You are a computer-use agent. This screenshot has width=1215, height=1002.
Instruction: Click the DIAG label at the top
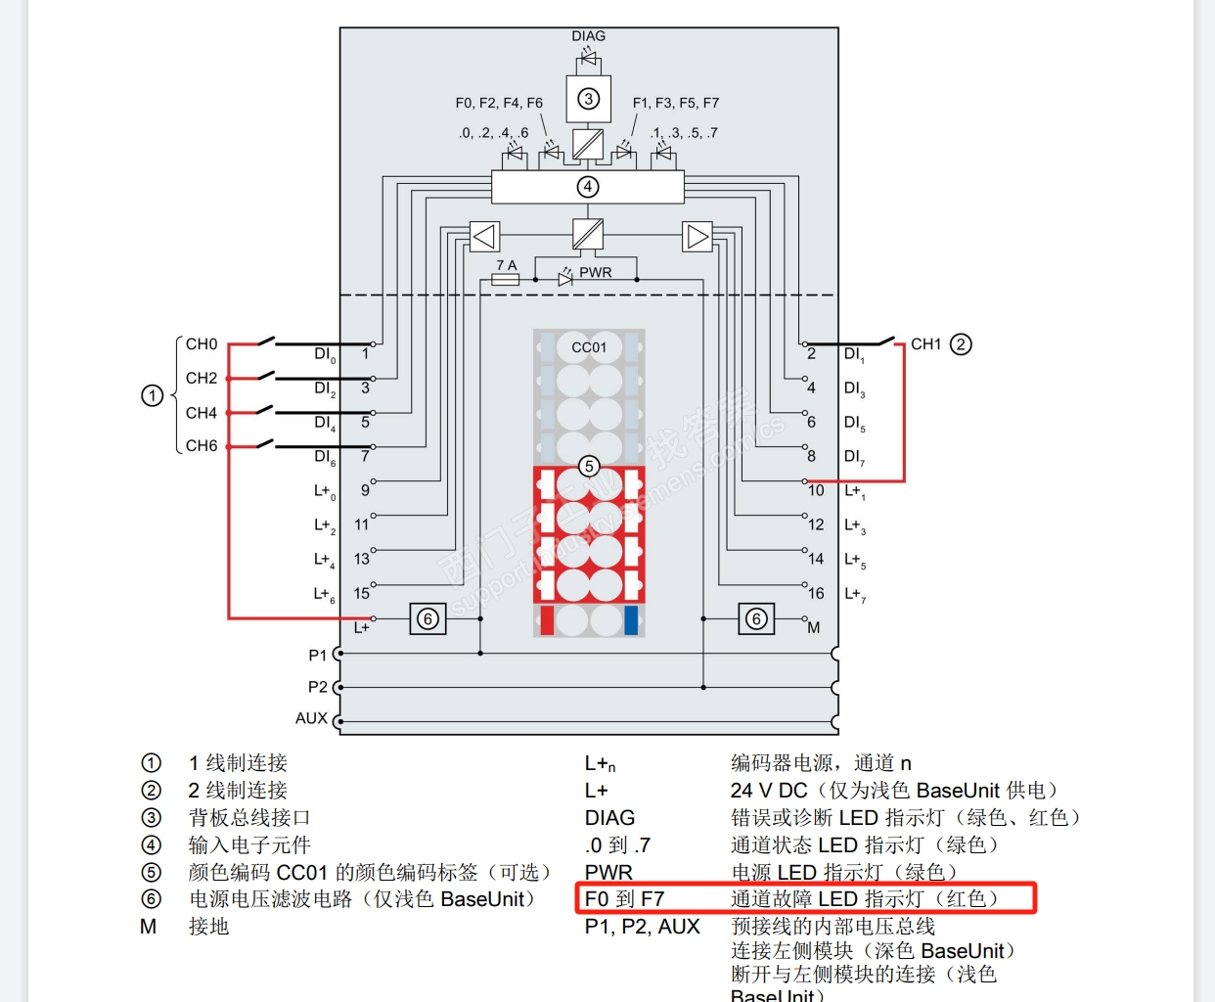pos(588,36)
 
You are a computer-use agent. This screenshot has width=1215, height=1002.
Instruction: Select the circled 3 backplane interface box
pos(588,99)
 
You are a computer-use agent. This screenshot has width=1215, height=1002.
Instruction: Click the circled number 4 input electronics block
pos(587,187)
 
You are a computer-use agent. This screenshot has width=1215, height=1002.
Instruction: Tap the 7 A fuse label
pos(506,265)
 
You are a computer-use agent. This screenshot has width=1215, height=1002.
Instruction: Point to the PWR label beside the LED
pos(596,272)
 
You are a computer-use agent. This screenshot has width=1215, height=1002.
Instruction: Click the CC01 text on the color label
pos(589,347)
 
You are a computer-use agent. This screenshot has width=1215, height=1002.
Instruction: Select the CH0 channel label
pos(202,344)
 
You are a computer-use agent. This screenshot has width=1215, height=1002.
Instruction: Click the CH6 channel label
pos(202,446)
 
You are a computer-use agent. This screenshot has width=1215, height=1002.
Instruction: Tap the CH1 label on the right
pos(925,344)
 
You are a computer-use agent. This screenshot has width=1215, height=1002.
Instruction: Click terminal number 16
pos(816,593)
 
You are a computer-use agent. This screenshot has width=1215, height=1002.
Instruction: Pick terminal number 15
pos(362,593)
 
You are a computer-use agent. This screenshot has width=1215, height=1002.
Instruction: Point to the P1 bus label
pos(317,656)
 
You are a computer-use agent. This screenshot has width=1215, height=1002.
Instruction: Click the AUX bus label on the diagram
pos(311,718)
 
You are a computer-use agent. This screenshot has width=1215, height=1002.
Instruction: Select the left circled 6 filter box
pos(427,618)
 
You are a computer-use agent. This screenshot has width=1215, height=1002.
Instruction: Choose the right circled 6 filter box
pos(756,618)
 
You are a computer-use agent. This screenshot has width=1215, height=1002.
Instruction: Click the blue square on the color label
pos(631,620)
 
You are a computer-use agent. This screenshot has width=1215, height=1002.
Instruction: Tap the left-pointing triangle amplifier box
pos(484,237)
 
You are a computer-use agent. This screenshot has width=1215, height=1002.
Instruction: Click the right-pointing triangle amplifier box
pos(697,237)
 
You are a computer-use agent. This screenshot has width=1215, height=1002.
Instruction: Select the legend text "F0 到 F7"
pos(624,899)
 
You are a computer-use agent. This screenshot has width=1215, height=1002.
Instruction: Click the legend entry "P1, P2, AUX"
pos(642,927)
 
